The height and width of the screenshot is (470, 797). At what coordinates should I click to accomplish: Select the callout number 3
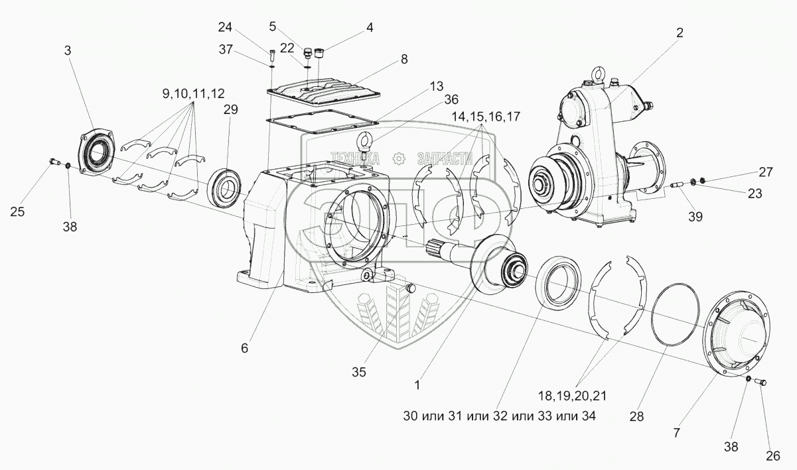[68, 50]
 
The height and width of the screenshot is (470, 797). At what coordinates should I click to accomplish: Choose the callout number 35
[359, 372]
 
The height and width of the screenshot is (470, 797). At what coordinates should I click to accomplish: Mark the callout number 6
[244, 348]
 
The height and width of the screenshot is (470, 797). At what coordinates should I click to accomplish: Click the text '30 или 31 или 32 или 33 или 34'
[499, 416]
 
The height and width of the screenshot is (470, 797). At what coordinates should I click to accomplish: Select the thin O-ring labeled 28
[675, 315]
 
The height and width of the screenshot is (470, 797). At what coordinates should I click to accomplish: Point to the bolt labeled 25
[54, 160]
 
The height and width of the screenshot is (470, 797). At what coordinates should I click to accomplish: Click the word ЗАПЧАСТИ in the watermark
[443, 158]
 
